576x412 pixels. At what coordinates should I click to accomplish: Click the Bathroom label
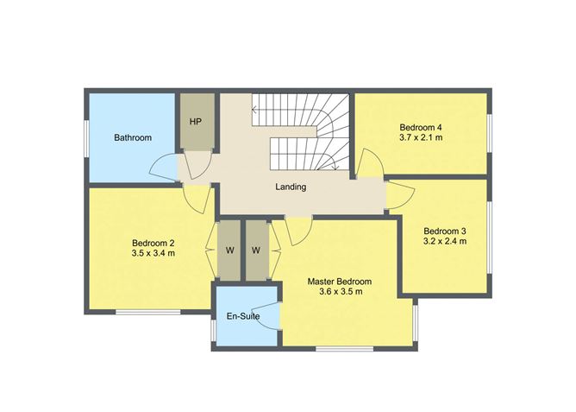pos(134,137)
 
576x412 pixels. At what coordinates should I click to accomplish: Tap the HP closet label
pos(196,122)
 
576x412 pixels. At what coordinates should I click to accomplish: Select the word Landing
pos(291,187)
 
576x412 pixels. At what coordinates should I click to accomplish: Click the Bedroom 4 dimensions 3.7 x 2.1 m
pos(421,136)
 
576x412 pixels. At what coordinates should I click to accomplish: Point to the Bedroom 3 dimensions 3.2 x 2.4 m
pos(445,242)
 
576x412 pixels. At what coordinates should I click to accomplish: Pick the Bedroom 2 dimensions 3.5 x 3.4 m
pos(153,254)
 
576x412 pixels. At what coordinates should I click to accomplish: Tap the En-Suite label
pos(244,316)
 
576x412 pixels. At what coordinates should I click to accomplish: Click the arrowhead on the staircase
pos(254,110)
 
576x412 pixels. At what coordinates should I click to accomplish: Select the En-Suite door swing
pos(270,316)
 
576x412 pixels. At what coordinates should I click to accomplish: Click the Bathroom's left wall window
pos(86,137)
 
